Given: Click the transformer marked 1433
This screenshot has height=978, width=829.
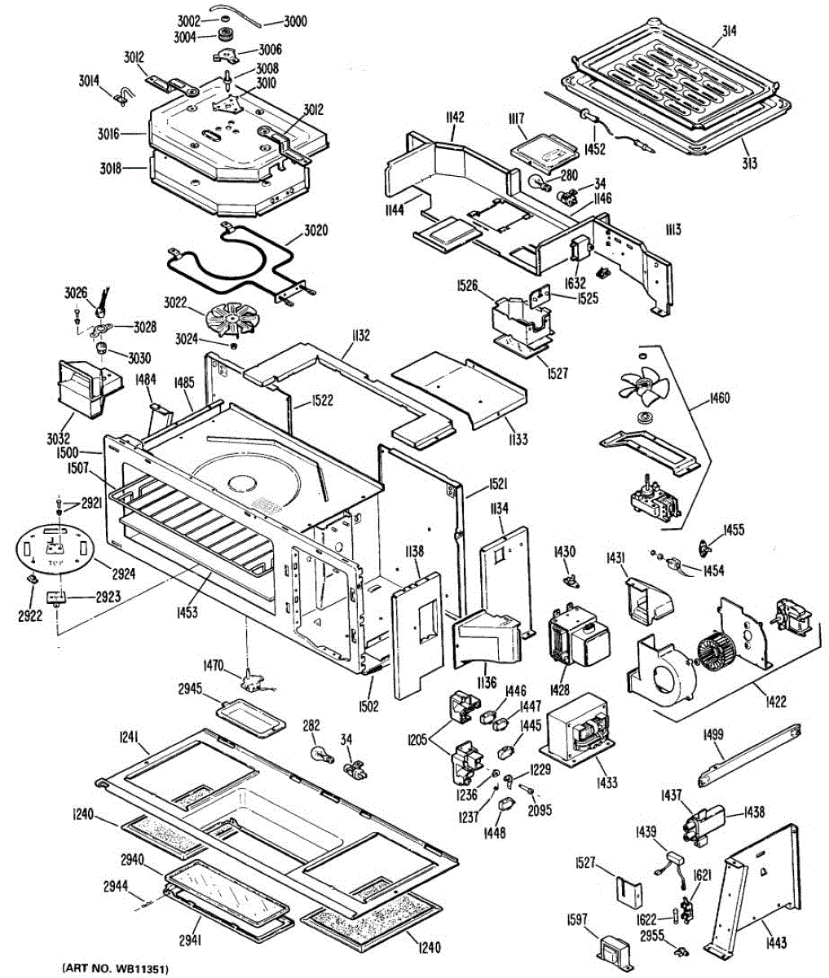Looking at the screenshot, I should [x=579, y=729].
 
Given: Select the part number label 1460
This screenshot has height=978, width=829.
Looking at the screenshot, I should [x=720, y=399].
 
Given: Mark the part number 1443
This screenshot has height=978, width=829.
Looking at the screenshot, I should [x=776, y=944].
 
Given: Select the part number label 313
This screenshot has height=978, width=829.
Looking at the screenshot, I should [x=749, y=164].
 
